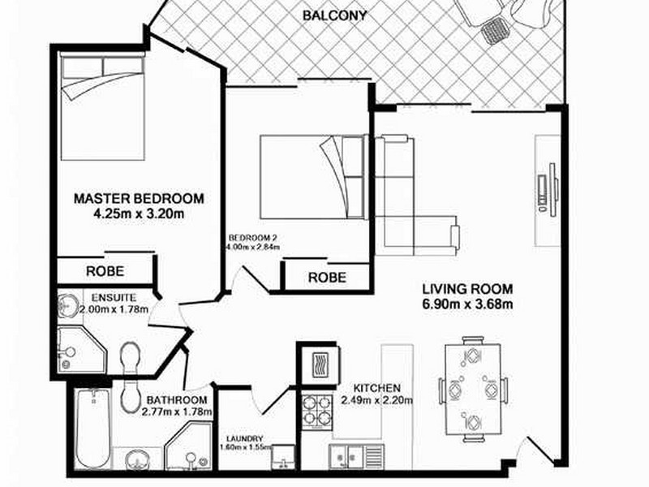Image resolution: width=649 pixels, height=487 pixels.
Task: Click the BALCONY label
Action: [x=334, y=15]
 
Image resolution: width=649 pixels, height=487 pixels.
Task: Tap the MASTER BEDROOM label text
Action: [x=138, y=198]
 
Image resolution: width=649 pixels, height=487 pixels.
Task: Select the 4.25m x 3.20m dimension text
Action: [x=138, y=215]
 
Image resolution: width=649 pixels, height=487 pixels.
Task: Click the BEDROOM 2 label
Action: [x=252, y=237]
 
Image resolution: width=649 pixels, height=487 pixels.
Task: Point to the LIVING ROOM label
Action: [x=467, y=289]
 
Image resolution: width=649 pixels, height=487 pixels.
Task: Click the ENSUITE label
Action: [x=114, y=297]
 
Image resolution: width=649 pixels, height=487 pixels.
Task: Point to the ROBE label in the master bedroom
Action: [x=105, y=271]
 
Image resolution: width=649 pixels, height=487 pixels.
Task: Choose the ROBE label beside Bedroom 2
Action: [x=327, y=278]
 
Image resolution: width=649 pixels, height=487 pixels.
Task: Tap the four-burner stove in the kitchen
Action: [x=316, y=410]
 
